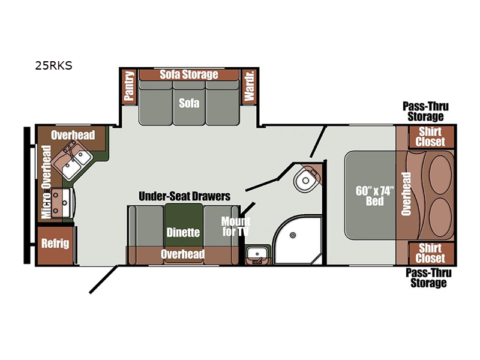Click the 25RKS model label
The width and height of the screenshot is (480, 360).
53,65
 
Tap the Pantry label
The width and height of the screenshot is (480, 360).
129,86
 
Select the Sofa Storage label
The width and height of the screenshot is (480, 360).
189,74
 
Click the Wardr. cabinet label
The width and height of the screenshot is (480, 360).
249,86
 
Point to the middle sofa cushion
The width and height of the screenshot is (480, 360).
189,103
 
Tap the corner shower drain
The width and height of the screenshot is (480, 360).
293,235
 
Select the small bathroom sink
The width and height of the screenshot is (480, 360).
257,254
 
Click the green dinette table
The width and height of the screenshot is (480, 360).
184,225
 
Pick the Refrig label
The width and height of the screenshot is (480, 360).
55,244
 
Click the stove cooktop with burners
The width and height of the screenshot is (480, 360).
61,203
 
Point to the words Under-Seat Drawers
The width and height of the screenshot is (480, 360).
185,196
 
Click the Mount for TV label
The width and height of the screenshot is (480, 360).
236,226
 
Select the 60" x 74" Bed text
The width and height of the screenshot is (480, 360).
374,196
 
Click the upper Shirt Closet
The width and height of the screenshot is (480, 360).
431,137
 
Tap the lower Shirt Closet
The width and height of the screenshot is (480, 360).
431,253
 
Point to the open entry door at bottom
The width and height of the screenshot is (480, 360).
103,279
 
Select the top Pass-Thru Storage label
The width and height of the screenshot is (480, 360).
425,112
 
